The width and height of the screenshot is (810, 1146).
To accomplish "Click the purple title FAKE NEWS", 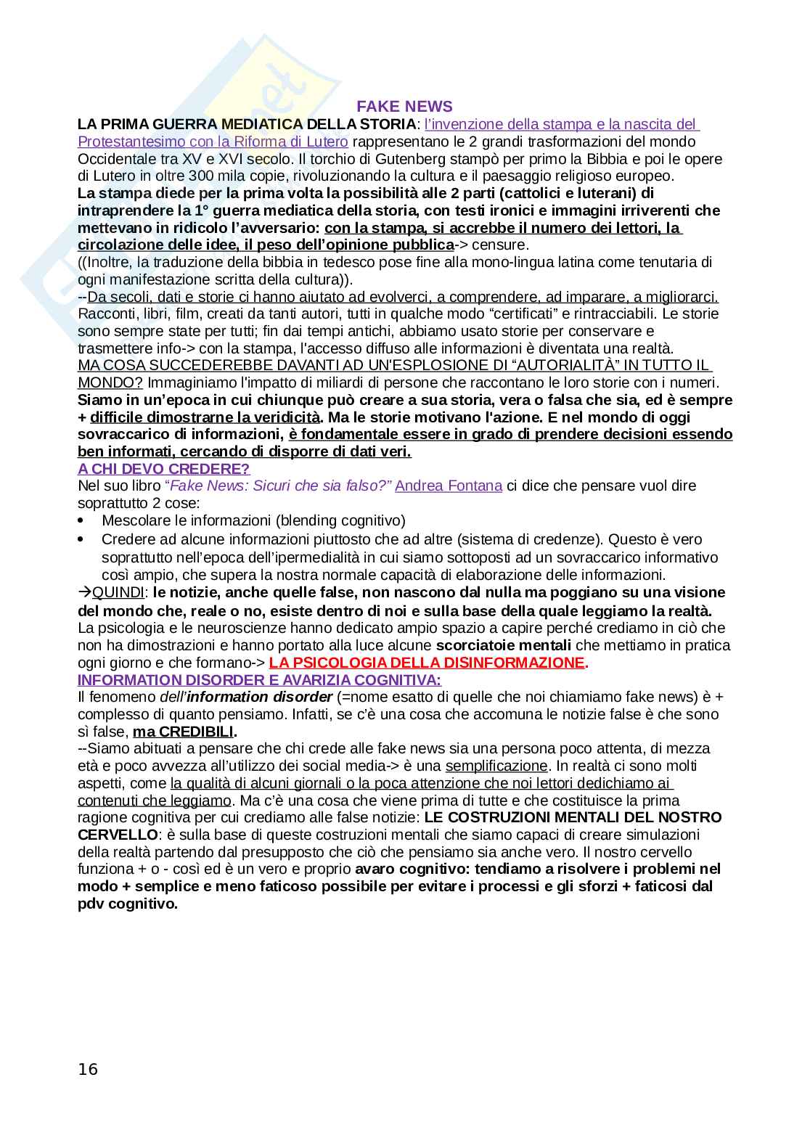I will [x=404, y=107].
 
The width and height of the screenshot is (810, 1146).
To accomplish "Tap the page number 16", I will [x=88, y=1069].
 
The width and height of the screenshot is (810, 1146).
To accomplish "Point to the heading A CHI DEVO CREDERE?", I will [x=164, y=469].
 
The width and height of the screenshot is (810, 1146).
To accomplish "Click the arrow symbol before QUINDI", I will [x=84, y=592].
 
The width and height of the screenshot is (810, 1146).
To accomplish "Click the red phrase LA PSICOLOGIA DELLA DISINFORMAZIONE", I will [x=426, y=662].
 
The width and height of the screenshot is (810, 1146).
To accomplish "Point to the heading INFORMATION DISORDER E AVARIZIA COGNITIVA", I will [x=259, y=680].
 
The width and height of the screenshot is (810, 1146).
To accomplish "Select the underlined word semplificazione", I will [x=496, y=766].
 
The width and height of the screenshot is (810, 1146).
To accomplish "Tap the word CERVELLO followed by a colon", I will [x=117, y=835].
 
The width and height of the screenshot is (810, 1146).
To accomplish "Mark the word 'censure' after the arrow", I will [x=499, y=245].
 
